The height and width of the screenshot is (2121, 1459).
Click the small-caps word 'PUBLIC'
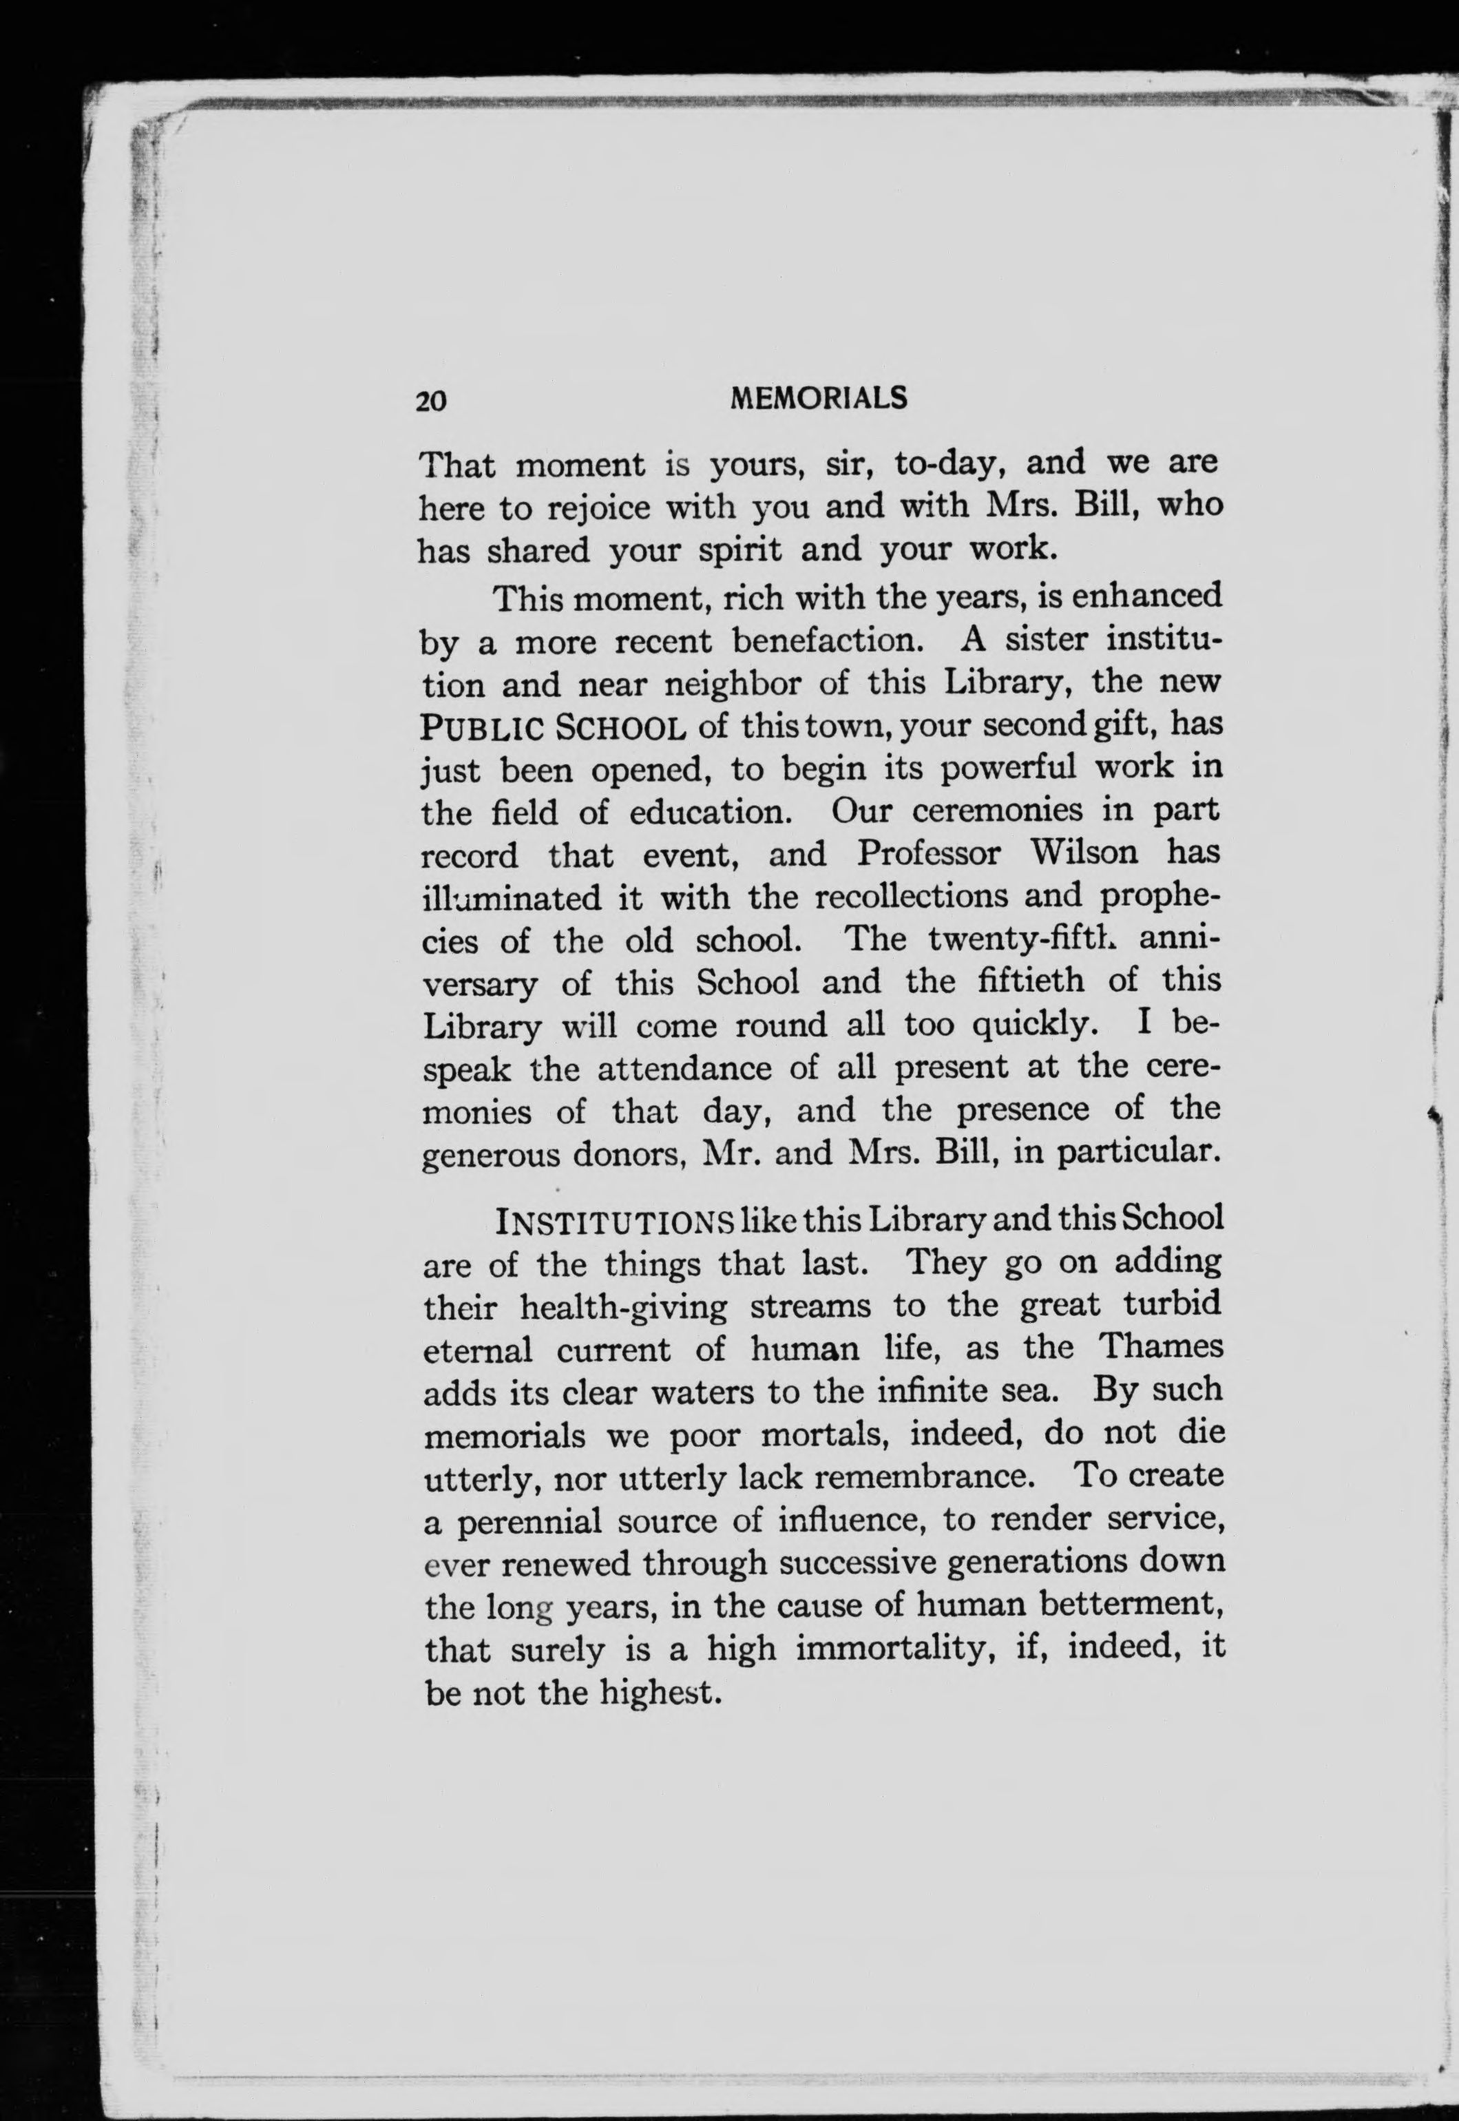point(482,729)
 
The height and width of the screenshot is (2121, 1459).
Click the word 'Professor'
point(929,854)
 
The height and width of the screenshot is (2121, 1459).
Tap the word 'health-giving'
point(623,1306)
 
